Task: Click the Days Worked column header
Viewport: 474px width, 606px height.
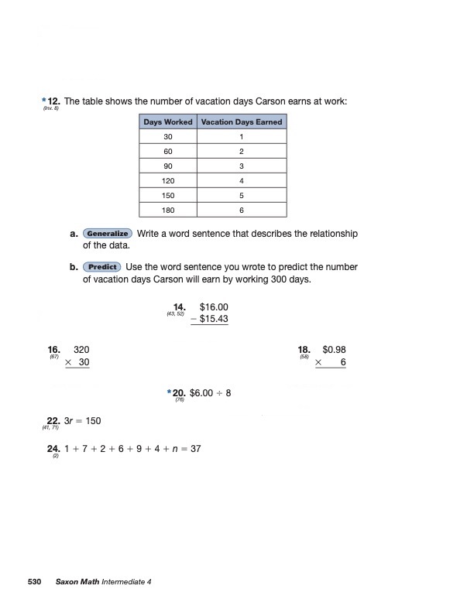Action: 168,122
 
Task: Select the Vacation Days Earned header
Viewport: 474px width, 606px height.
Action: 242,122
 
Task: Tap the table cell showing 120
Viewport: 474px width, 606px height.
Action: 168,180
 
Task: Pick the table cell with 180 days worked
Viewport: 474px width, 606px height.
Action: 168,210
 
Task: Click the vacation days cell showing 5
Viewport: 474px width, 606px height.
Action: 242,195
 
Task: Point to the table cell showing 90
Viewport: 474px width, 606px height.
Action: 168,166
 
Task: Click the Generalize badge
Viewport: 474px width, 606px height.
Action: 108,234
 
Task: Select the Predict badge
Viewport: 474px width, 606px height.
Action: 101,267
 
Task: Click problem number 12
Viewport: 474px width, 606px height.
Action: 53,101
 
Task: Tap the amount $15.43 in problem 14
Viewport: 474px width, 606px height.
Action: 214,319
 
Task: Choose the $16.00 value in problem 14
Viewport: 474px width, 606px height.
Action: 214,307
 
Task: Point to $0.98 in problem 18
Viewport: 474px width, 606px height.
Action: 334,350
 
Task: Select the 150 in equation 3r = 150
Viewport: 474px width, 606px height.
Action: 93,421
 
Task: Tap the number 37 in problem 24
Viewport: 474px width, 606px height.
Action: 195,448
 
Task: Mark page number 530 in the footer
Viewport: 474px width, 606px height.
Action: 34,581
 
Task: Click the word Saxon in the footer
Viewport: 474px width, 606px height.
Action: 68,581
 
